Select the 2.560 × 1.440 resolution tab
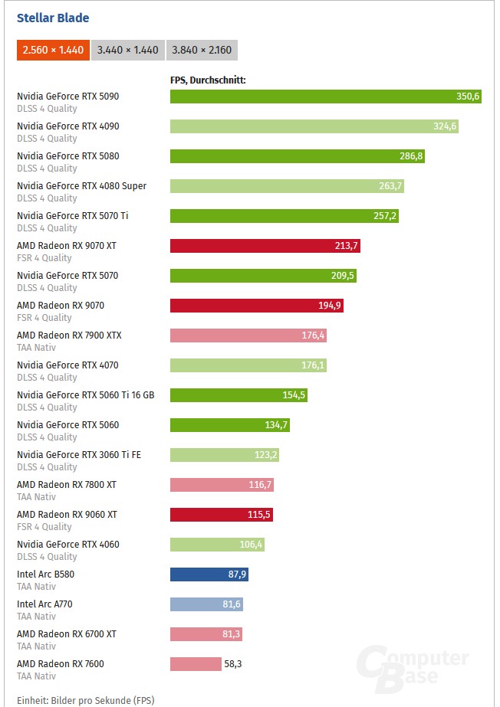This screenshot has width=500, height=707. (x=53, y=50)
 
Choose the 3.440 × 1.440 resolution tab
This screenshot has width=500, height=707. (x=127, y=50)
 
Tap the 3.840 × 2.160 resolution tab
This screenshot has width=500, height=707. (x=202, y=50)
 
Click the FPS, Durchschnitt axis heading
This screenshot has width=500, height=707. (x=208, y=80)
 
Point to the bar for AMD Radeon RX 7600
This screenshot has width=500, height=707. (x=195, y=664)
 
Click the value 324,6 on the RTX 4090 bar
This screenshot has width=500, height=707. (x=445, y=126)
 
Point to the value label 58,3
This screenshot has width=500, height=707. (x=233, y=664)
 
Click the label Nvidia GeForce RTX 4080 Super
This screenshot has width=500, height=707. (x=81, y=186)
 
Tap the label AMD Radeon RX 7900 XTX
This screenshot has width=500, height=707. (x=69, y=335)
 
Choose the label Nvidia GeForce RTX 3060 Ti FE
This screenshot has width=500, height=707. (x=79, y=455)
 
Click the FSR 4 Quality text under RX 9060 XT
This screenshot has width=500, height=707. (x=44, y=527)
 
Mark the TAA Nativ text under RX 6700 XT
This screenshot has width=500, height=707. (x=37, y=646)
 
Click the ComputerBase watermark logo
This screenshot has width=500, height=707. (x=414, y=665)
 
